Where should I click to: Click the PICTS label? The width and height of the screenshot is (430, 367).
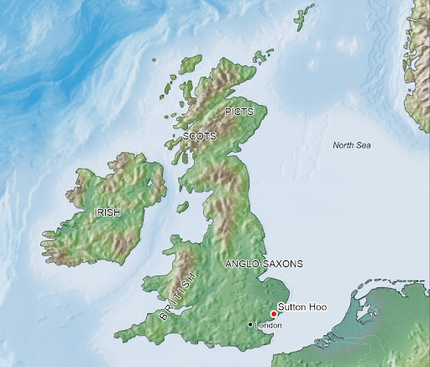239,111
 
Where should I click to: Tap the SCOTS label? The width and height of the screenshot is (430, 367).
199,135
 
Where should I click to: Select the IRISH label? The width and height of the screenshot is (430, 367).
108,213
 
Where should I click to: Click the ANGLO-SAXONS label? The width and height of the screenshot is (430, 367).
265,264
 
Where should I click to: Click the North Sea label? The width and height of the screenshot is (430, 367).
351,145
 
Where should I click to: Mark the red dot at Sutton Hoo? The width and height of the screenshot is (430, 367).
274,313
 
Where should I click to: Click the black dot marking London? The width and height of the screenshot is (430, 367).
251,324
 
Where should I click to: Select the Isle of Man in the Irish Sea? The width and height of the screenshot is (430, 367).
181,207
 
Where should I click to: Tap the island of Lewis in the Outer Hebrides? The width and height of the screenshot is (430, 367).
190,66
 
